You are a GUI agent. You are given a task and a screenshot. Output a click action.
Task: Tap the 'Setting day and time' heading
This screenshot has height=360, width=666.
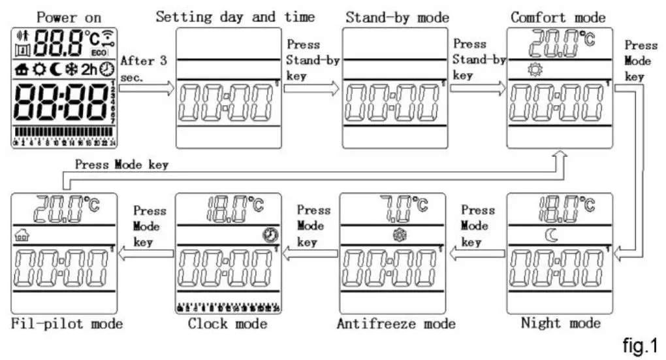234,16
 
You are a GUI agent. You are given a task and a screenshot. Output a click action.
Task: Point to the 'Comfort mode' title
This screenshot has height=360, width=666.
558,17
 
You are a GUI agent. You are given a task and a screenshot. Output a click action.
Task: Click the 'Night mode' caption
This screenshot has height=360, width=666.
560,322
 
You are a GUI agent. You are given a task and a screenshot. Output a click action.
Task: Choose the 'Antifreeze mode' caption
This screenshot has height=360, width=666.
396,323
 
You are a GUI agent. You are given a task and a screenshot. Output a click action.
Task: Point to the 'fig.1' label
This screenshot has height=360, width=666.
639,344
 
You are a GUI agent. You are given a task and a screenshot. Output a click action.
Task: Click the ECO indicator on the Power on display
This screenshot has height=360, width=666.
99,52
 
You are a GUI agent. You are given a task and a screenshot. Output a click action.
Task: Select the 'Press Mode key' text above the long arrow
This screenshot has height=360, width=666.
121,165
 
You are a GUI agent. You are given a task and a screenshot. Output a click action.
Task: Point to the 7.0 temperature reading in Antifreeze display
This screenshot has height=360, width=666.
395,209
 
